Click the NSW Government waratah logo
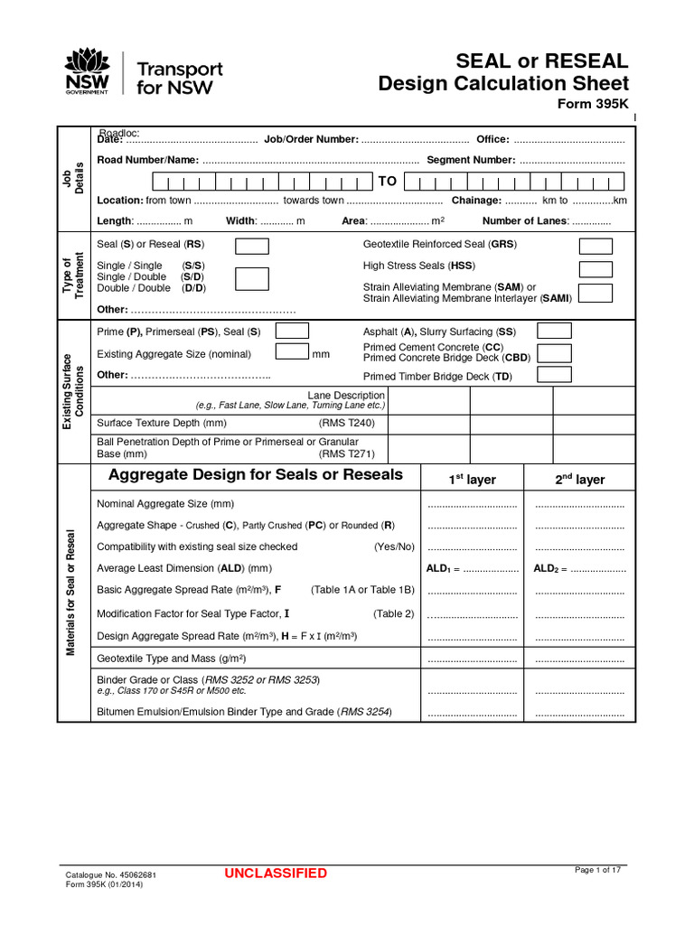(x=87, y=71)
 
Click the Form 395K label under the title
(x=597, y=104)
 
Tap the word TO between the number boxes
(x=388, y=182)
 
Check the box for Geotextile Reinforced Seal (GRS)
(x=596, y=246)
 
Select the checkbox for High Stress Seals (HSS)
(x=596, y=268)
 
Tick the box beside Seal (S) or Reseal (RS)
(x=251, y=246)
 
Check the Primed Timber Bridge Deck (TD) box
(x=554, y=375)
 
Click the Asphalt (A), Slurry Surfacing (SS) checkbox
(x=554, y=332)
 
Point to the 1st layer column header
(x=473, y=480)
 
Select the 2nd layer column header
(x=579, y=480)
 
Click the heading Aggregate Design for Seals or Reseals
(x=256, y=475)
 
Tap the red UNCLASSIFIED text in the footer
(x=276, y=874)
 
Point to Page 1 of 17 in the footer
(x=598, y=870)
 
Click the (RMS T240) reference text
(x=346, y=422)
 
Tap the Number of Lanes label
(x=524, y=221)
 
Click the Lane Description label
(x=346, y=396)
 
